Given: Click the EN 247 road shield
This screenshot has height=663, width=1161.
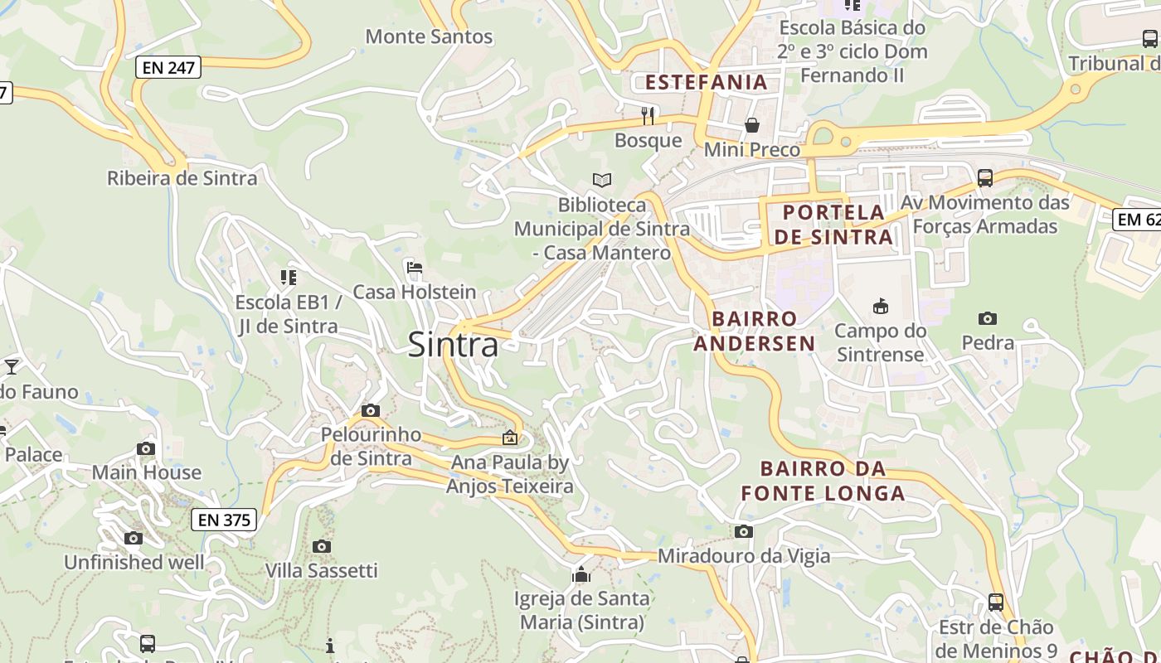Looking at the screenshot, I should pos(168,68).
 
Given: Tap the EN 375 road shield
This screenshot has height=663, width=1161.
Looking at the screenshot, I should pos(224,520).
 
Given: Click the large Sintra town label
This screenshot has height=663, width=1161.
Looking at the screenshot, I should pos(453,345).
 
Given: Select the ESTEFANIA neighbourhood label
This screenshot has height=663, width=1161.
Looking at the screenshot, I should pos(707,82).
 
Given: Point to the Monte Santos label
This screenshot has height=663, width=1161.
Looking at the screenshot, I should pos(429,36).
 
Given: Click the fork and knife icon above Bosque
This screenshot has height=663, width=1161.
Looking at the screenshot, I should pos(648,115).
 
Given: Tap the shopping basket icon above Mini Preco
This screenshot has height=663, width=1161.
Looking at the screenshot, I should pos(751,125).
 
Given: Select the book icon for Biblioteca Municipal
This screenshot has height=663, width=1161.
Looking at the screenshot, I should pos(601,180).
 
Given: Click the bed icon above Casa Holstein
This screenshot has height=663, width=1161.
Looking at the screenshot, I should pos(415,268).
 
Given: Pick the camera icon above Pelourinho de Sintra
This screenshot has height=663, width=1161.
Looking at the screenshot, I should pos(371,410).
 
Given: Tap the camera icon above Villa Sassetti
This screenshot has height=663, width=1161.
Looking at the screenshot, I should pos(322,546).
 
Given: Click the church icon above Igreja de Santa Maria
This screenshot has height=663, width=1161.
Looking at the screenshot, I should pos(580,574).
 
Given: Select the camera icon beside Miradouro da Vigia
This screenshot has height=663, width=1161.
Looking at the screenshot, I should pos(743,531).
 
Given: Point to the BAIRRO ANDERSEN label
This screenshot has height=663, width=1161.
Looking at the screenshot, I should pos(754,331).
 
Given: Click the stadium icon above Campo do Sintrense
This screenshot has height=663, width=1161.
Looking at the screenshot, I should pos(880,307).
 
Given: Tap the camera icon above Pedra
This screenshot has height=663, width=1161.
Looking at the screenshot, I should pos(987,318).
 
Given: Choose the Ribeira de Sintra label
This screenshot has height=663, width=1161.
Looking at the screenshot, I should pos(182,178).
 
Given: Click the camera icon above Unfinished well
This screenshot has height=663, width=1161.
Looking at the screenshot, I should pos(134,538).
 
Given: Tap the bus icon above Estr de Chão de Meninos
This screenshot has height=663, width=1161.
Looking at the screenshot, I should pos(996,603).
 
